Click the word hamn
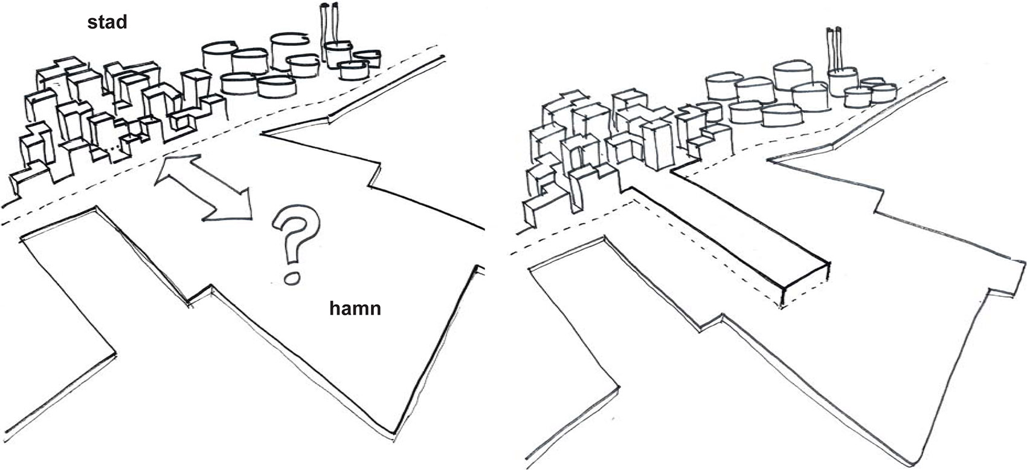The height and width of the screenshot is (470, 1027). [355, 308]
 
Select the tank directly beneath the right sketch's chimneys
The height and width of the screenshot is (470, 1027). [843, 82]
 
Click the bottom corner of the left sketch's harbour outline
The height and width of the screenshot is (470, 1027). [396, 433]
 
